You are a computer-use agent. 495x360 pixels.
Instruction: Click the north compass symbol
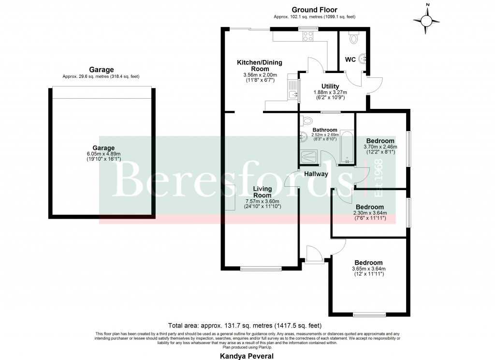(426, 20)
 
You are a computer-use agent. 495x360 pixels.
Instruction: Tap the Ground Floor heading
(314, 10)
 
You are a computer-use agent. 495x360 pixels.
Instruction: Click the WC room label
(350, 60)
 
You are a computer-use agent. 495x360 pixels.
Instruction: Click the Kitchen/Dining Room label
(259, 66)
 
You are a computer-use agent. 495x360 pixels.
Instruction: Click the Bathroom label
(324, 130)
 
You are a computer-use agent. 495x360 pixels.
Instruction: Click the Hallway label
(316, 174)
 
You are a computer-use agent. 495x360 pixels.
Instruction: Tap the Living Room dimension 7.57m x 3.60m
(262, 201)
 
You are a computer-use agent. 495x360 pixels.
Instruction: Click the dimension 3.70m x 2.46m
(380, 147)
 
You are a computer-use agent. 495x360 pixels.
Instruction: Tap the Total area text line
(244, 325)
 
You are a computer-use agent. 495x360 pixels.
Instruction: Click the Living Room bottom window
(260, 269)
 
